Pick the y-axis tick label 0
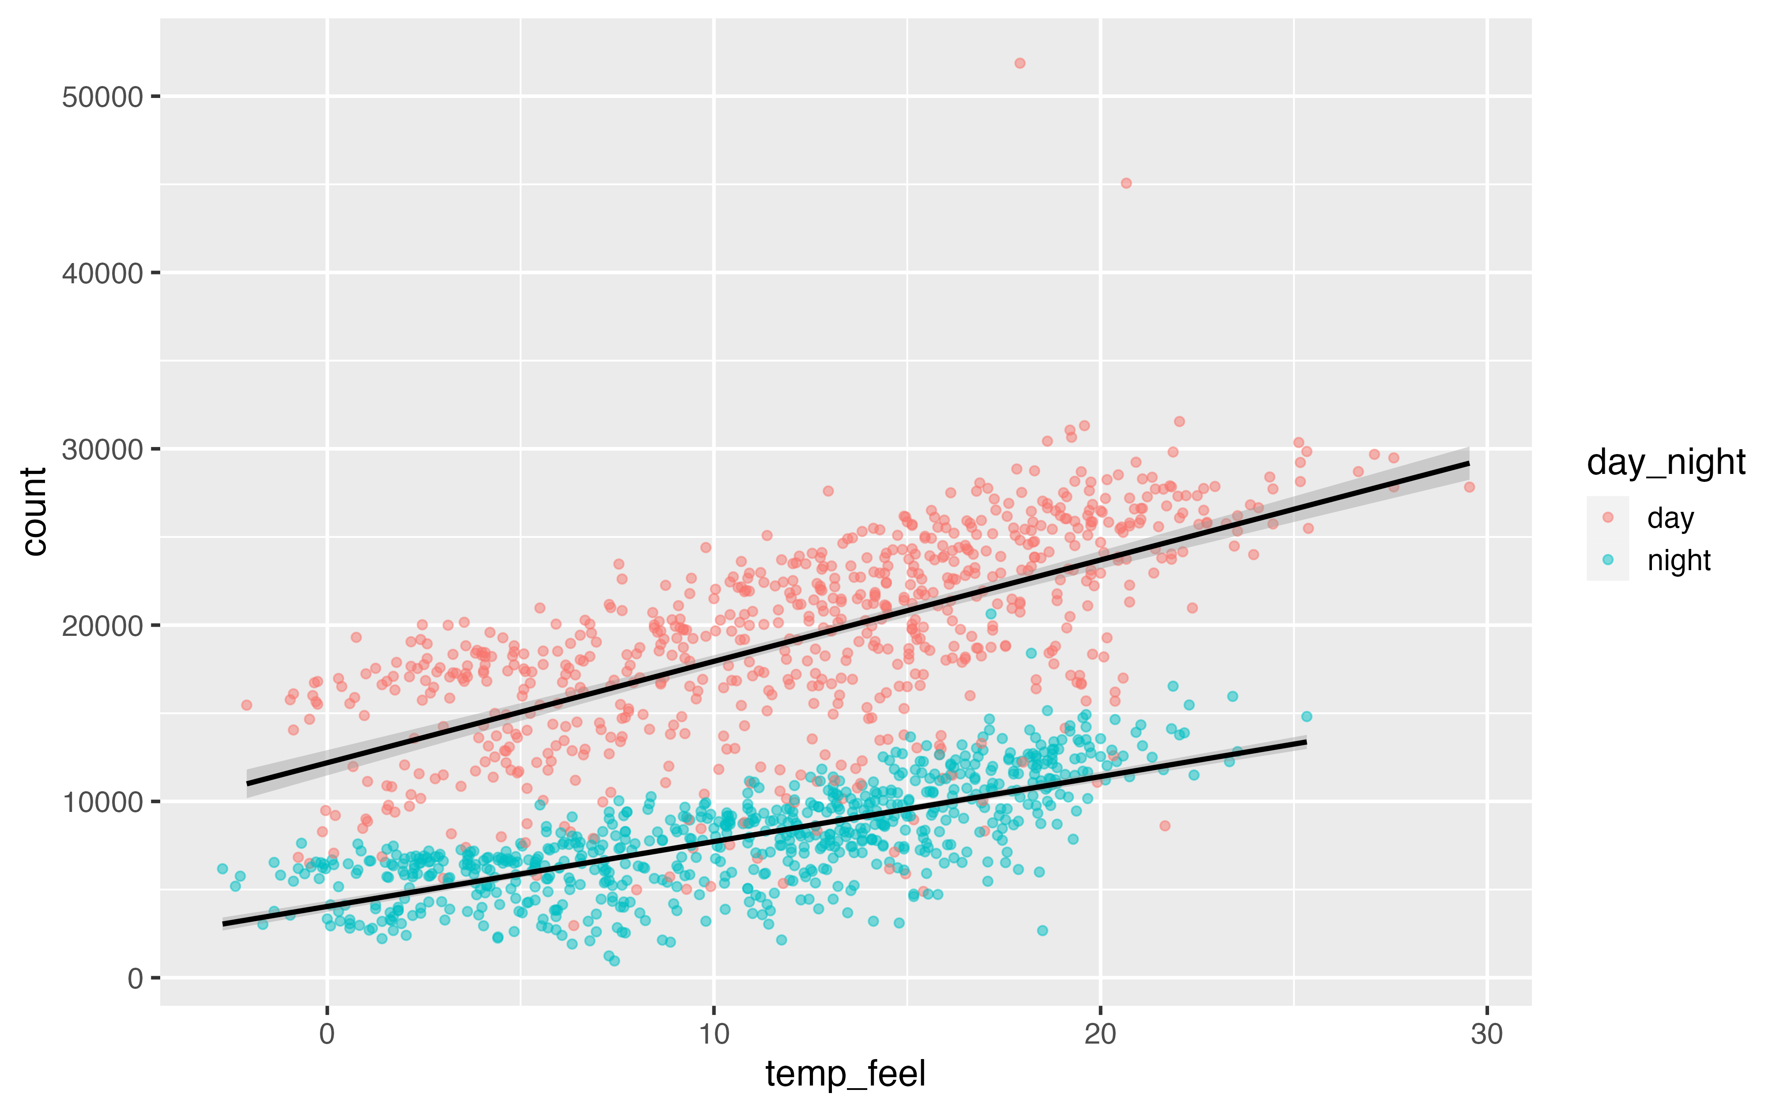[135, 978]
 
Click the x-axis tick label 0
[327, 1034]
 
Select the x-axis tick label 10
[714, 1034]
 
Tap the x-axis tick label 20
[1100, 1034]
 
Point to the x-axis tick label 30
[1486, 1034]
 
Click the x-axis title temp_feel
[845, 1074]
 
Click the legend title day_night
[1666, 462]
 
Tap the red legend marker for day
[1607, 518]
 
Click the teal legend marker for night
[1607, 560]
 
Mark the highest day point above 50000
[1019, 63]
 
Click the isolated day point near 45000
[1125, 183]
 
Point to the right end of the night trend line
[1305, 743]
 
